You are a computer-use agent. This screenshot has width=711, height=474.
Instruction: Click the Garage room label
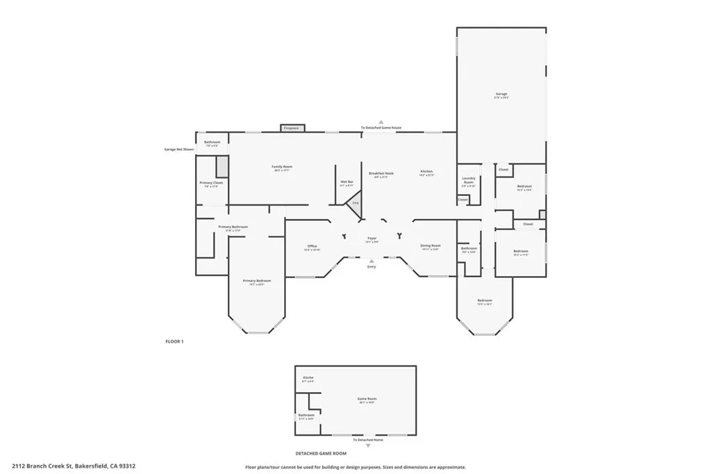501,94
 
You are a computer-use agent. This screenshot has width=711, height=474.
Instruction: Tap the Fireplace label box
292,128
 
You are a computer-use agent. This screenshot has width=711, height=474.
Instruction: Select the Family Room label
282,167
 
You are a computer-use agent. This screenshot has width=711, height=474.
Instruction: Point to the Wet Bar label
346,182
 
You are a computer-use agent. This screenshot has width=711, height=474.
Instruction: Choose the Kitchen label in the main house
426,172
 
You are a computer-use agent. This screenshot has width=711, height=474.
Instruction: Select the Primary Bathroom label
233,227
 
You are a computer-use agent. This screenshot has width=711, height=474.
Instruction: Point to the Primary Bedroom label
256,281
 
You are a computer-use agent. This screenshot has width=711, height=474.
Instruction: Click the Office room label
312,247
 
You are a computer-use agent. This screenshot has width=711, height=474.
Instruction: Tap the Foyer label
372,238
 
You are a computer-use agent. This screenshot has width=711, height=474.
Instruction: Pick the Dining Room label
430,245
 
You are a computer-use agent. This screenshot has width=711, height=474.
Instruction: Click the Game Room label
367,399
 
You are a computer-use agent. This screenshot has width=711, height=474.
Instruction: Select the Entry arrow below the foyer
371,261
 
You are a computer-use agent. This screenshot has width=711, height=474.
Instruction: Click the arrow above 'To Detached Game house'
380,122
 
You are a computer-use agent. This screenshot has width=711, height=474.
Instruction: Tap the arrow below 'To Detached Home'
368,446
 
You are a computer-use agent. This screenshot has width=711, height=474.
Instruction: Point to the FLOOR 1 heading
174,341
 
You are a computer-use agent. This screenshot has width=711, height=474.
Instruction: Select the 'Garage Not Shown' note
178,149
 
